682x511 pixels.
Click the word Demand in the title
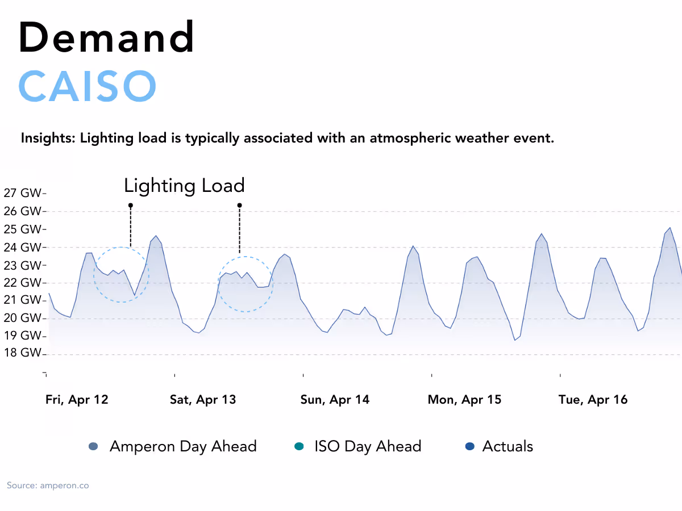(107, 37)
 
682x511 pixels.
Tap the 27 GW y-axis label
(23, 193)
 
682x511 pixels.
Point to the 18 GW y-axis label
(23, 353)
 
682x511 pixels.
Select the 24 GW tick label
(23, 247)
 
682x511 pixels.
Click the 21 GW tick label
(23, 300)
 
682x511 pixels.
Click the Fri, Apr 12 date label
(77, 400)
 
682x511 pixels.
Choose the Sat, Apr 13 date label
(203, 400)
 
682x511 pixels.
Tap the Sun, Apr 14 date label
(335, 400)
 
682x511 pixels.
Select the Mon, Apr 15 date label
(464, 400)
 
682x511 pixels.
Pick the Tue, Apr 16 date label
(593, 400)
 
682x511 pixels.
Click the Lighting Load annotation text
(184, 186)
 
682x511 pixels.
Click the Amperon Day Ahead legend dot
(94, 447)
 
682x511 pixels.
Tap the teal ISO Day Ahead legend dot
(299, 447)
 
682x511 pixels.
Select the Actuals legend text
(508, 446)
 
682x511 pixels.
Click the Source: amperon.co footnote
(48, 485)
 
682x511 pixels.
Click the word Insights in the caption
(48, 138)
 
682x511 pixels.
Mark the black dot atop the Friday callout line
(130, 205)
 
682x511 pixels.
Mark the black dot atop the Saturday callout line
(239, 205)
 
